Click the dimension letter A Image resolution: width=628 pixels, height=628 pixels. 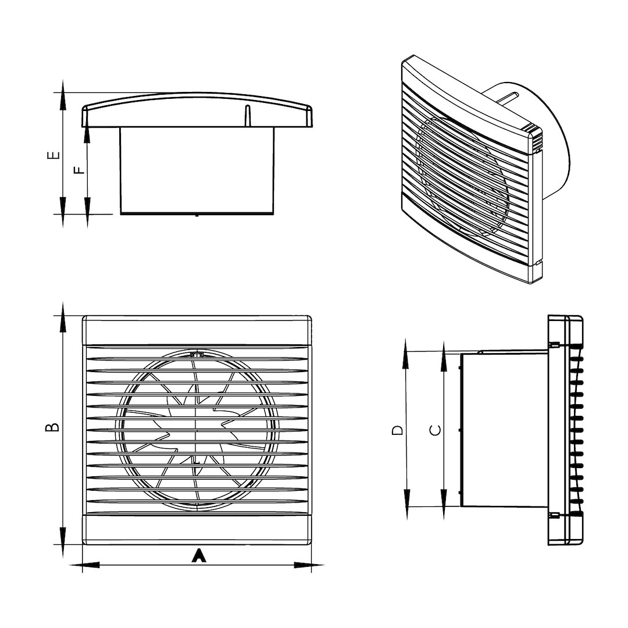[199, 556]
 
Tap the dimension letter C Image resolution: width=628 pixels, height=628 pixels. [436, 430]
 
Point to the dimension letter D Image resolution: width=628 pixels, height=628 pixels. [397, 430]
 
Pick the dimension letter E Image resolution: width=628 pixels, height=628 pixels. [53, 155]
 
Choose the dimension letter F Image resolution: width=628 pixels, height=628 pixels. [80, 170]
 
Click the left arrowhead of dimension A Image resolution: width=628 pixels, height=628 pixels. [85, 565]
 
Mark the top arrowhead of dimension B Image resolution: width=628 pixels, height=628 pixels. [63, 317]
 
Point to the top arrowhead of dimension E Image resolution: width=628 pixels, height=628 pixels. [62, 95]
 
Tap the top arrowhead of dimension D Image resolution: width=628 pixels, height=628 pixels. [406, 354]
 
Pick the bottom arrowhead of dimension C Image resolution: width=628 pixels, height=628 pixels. [444, 504]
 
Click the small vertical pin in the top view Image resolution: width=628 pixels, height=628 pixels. [247, 116]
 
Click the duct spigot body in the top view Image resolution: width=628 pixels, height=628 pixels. [198, 171]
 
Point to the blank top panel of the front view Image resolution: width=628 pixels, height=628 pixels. [197, 330]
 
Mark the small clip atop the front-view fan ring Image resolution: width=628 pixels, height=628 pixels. [197, 354]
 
